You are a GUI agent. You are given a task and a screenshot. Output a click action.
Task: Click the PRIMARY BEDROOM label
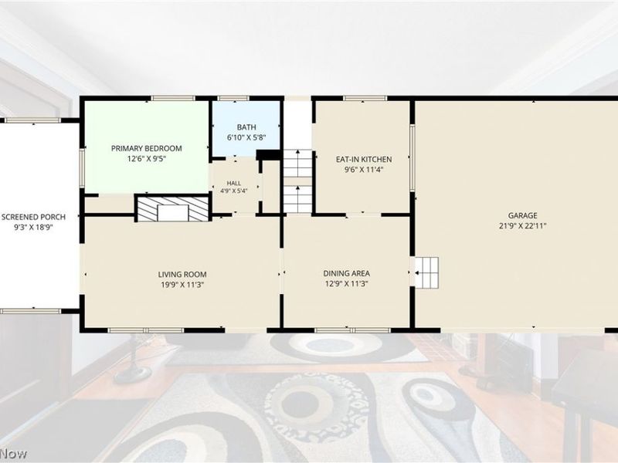click(146, 148)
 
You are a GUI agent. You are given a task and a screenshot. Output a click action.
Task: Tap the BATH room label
click(246, 127)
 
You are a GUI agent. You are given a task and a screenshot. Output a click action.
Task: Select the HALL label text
click(234, 184)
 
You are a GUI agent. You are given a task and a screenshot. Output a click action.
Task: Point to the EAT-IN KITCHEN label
click(364, 160)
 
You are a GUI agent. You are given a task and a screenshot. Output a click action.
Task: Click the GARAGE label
click(523, 215)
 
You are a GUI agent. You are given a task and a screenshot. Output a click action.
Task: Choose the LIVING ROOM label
click(182, 275)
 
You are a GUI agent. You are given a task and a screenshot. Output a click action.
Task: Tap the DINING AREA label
click(346, 273)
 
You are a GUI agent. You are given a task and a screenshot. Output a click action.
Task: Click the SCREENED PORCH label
click(33, 217)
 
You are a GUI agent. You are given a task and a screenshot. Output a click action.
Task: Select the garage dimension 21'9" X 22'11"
click(523, 226)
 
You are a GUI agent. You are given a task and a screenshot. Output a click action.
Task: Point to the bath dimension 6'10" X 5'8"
click(246, 138)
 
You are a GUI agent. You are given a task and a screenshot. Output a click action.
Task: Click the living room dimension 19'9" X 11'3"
click(182, 285)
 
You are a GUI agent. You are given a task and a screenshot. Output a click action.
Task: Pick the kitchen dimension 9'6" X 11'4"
click(364, 170)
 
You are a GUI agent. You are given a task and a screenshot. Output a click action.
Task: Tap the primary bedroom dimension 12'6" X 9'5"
click(146, 159)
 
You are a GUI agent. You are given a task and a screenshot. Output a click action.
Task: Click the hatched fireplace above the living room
click(172, 208)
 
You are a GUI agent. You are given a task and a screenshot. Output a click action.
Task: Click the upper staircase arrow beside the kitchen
click(298, 157)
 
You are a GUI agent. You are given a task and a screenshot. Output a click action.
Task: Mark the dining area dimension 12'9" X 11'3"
click(346, 284)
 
